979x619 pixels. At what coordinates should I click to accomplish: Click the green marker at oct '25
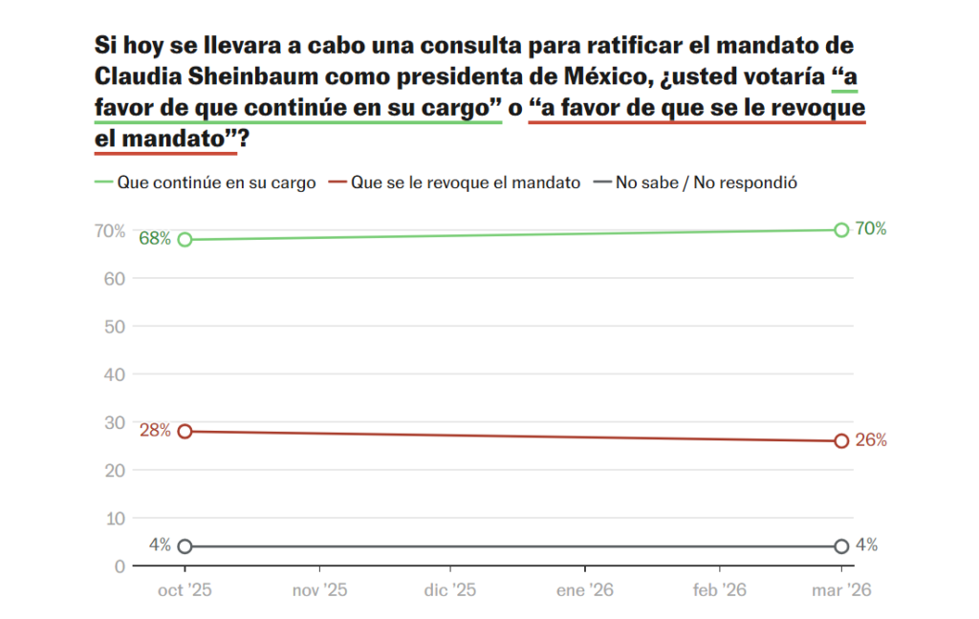tap(185, 240)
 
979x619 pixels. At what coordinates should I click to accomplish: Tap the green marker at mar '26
tap(841, 230)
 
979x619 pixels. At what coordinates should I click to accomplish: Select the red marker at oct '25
tap(185, 431)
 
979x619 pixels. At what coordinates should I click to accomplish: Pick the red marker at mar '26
tap(841, 440)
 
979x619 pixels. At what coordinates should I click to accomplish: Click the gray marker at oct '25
tap(185, 546)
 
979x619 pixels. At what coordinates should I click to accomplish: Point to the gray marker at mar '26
tap(841, 546)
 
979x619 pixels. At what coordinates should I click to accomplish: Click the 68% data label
tap(155, 239)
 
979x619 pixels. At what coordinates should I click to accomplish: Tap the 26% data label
tap(871, 440)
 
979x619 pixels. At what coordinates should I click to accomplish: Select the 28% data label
tap(155, 430)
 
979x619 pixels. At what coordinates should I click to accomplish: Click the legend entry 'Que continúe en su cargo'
tap(215, 182)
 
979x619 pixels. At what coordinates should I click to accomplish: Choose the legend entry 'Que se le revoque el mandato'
tap(465, 182)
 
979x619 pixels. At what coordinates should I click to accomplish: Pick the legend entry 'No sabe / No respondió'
tap(706, 182)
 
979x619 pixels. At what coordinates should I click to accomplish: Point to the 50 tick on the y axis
tap(114, 327)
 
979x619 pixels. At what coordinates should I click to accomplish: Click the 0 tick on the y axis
tap(120, 566)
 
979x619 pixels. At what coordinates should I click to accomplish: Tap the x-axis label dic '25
tap(449, 591)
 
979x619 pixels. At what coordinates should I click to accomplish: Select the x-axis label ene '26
tap(584, 591)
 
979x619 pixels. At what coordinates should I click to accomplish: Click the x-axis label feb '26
tap(720, 591)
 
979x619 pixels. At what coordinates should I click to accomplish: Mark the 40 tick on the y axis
tap(114, 374)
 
